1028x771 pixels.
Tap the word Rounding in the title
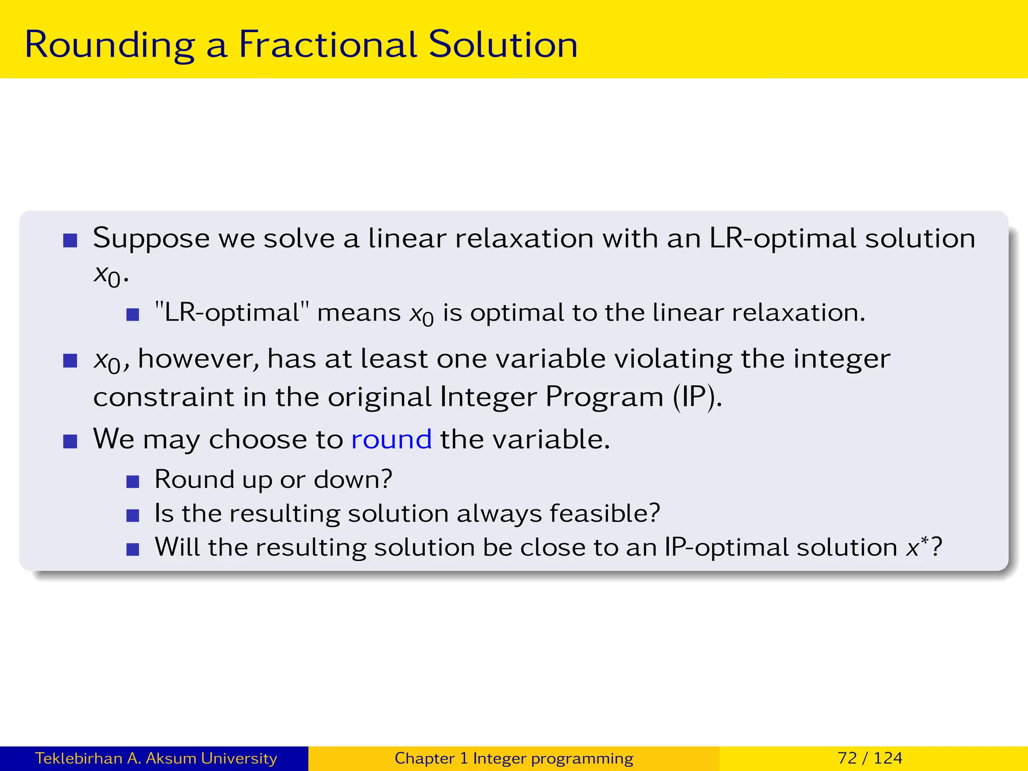tap(109, 45)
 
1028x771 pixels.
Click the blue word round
tap(391, 439)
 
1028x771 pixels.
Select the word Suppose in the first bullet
tap(151, 239)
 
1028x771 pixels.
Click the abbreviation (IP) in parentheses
tap(697, 397)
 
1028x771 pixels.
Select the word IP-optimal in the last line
tap(781, 547)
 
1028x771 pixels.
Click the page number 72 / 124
tap(870, 758)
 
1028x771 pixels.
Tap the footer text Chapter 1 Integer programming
tap(513, 758)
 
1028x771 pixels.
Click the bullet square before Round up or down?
tap(133, 482)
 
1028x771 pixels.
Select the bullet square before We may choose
tap(70, 442)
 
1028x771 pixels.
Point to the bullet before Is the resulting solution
tap(133, 516)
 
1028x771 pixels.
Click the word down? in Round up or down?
tap(352, 480)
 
